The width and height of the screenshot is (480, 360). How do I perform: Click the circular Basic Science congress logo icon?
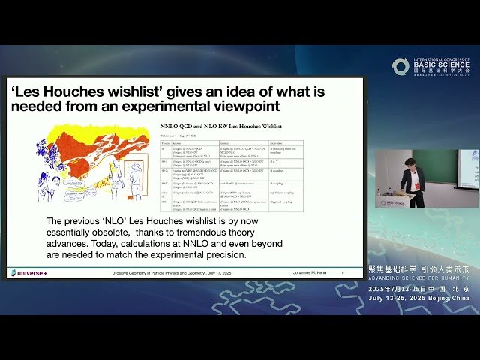click(x=400, y=67)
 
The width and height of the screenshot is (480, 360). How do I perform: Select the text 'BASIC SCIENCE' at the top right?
click(x=440, y=65)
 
